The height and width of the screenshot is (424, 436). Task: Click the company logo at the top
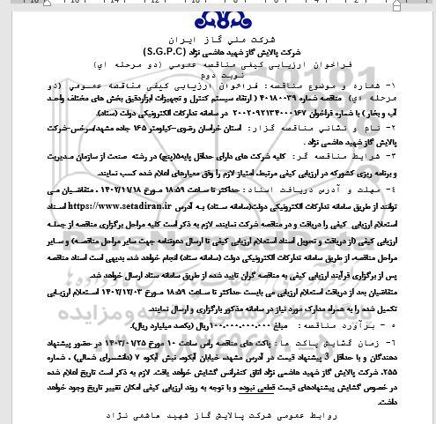tap(218, 19)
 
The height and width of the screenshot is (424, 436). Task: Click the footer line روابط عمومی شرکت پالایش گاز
tap(218, 411)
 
